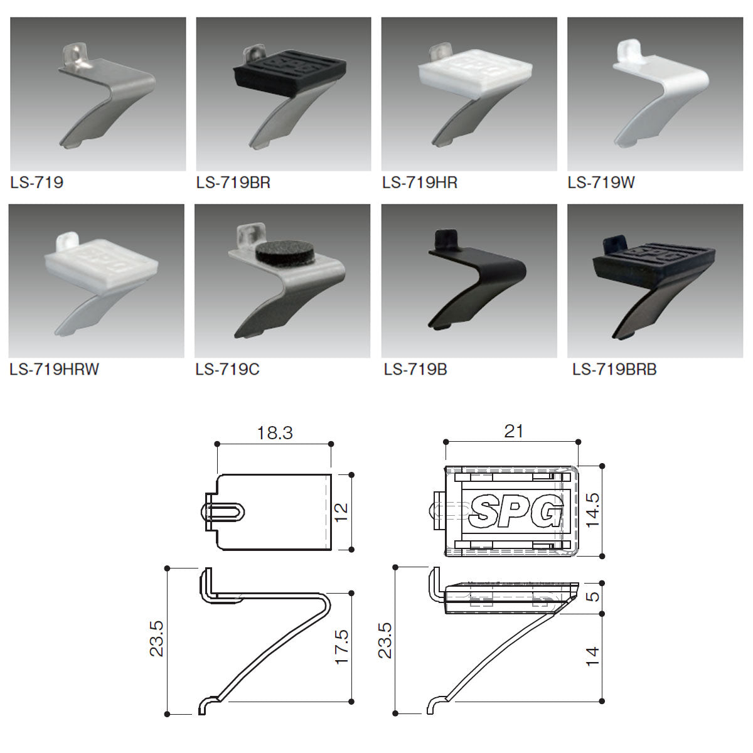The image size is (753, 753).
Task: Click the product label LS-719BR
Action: click(x=233, y=183)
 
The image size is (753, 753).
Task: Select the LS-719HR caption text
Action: click(x=420, y=183)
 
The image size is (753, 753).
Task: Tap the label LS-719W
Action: click(x=601, y=183)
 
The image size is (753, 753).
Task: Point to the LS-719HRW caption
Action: click(x=55, y=369)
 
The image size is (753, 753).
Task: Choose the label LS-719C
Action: click(x=227, y=369)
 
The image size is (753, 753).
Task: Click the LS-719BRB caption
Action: click(x=614, y=369)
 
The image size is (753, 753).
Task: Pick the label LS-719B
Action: click(x=415, y=369)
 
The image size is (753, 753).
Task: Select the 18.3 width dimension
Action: click(x=275, y=433)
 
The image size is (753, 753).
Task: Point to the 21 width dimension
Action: click(x=513, y=431)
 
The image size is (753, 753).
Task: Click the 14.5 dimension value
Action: click(x=593, y=510)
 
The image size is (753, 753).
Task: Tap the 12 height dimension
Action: click(x=341, y=512)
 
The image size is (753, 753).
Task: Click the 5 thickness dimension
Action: click(x=593, y=597)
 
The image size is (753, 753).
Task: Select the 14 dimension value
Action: click(x=593, y=657)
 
